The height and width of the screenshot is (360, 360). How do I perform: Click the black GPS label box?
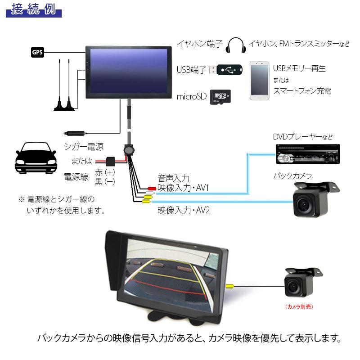click(37, 52)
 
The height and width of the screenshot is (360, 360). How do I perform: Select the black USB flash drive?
click(230, 70)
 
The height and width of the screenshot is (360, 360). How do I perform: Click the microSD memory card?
click(220, 96)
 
